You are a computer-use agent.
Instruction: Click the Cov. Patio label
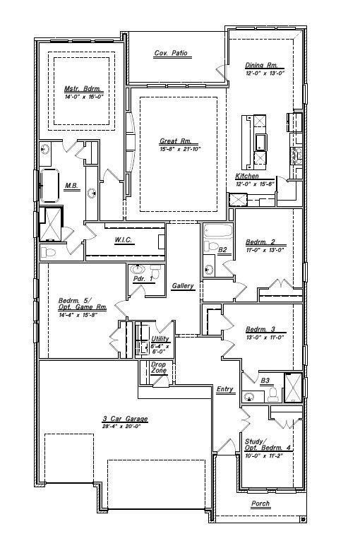[171, 54]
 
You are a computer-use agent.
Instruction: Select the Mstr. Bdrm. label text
[83, 89]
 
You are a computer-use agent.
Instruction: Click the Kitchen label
[247, 176]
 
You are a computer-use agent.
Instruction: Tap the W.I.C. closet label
[124, 240]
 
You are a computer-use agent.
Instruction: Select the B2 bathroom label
[222, 249]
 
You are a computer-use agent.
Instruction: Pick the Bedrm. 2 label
[260, 242]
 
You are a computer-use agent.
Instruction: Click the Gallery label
[183, 286]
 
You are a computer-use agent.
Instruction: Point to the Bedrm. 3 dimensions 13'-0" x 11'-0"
[264, 337]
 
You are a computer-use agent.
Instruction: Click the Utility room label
[160, 339]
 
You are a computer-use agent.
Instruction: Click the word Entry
[225, 389]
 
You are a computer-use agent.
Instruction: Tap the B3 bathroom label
[265, 381]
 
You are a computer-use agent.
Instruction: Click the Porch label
[260, 504]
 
